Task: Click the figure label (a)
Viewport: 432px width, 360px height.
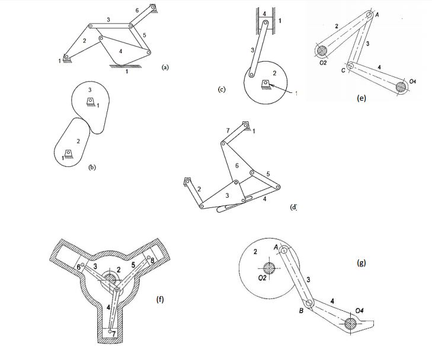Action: pyautogui.click(x=165, y=68)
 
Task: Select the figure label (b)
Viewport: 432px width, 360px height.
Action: pyautogui.click(x=92, y=168)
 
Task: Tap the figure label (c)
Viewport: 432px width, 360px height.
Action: pyautogui.click(x=222, y=89)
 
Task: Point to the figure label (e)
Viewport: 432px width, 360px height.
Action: pyautogui.click(x=361, y=98)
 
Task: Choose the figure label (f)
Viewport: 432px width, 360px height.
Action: pyautogui.click(x=160, y=300)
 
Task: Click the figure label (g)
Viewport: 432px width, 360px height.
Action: pyautogui.click(x=361, y=264)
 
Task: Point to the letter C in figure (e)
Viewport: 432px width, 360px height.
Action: pyautogui.click(x=343, y=69)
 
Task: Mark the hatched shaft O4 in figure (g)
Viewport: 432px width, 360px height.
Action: pyautogui.click(x=353, y=323)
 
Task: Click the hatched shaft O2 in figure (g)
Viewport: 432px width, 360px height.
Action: pyautogui.click(x=270, y=266)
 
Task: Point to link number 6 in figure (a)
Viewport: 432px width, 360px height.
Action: pyautogui.click(x=137, y=11)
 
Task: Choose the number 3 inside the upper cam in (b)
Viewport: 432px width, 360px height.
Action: pyautogui.click(x=90, y=89)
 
